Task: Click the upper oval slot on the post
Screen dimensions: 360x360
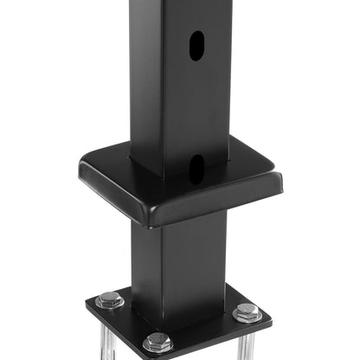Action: pyautogui.click(x=197, y=45)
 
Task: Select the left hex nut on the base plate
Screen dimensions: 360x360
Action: pyautogui.click(x=110, y=300)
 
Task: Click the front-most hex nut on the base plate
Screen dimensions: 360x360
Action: pyautogui.click(x=157, y=342)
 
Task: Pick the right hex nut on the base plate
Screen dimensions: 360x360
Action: pyautogui.click(x=247, y=312)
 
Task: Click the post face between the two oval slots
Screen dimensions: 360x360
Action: pyautogui.click(x=197, y=104)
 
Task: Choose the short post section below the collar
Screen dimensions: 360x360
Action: pyautogui.click(x=177, y=260)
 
